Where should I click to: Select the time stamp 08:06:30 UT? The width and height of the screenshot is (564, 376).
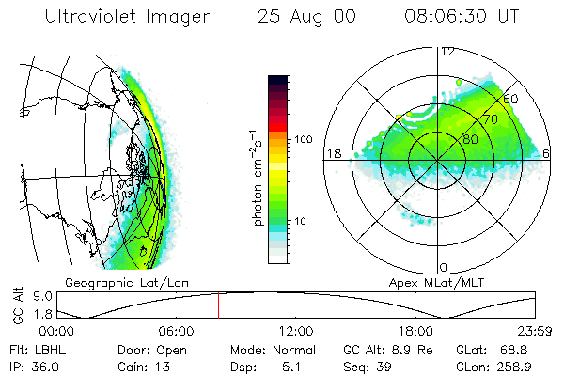point(462,16)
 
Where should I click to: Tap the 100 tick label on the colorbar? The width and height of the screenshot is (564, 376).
point(303,139)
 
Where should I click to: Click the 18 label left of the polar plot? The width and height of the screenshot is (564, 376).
point(332,153)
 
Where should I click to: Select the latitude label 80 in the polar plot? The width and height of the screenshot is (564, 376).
point(457,136)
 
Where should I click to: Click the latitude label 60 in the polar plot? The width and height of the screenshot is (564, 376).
point(511,98)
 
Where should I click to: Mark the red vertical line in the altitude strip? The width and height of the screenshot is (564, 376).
point(218,305)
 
